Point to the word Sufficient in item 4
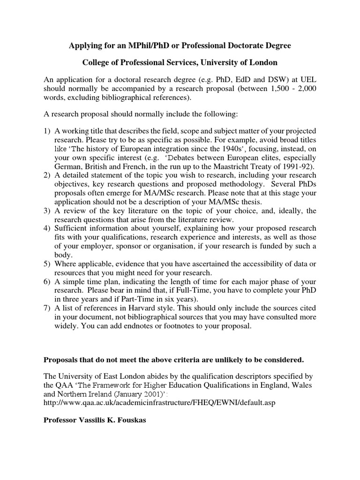(x=72, y=229)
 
